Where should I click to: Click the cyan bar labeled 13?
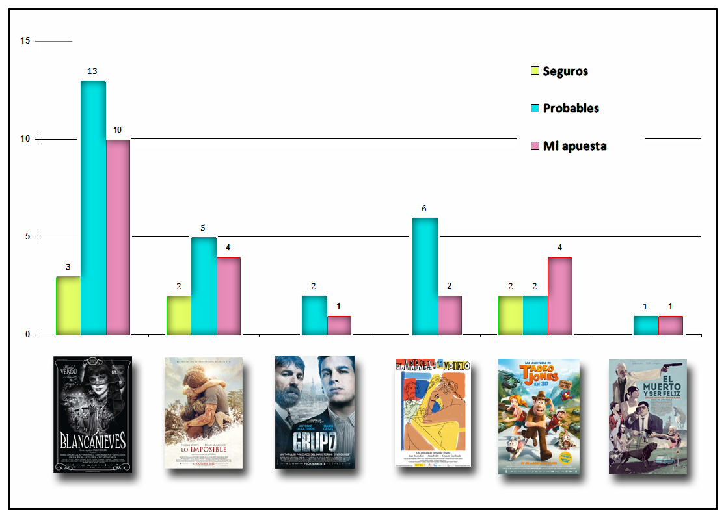(x=93, y=208)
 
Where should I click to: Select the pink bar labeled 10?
(x=118, y=237)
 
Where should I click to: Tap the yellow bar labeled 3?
(x=68, y=305)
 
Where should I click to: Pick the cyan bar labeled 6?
(x=425, y=276)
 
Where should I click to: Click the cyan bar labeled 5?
(x=204, y=286)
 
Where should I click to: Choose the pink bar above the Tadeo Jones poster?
(x=560, y=296)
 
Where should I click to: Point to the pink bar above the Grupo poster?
(x=339, y=326)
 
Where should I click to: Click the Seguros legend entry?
(x=559, y=71)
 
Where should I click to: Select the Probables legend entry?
(x=565, y=109)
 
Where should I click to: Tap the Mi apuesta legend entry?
(x=569, y=146)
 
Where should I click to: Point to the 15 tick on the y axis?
(x=25, y=41)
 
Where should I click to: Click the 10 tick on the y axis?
(x=25, y=139)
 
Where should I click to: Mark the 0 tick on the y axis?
(x=27, y=335)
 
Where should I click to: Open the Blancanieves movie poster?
(x=92, y=414)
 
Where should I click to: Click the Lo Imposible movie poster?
(x=204, y=413)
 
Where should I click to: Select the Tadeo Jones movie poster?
(x=539, y=416)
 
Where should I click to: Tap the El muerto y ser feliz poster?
(x=647, y=417)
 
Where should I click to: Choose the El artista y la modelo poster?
(x=431, y=413)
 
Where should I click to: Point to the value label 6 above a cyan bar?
(x=424, y=209)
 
